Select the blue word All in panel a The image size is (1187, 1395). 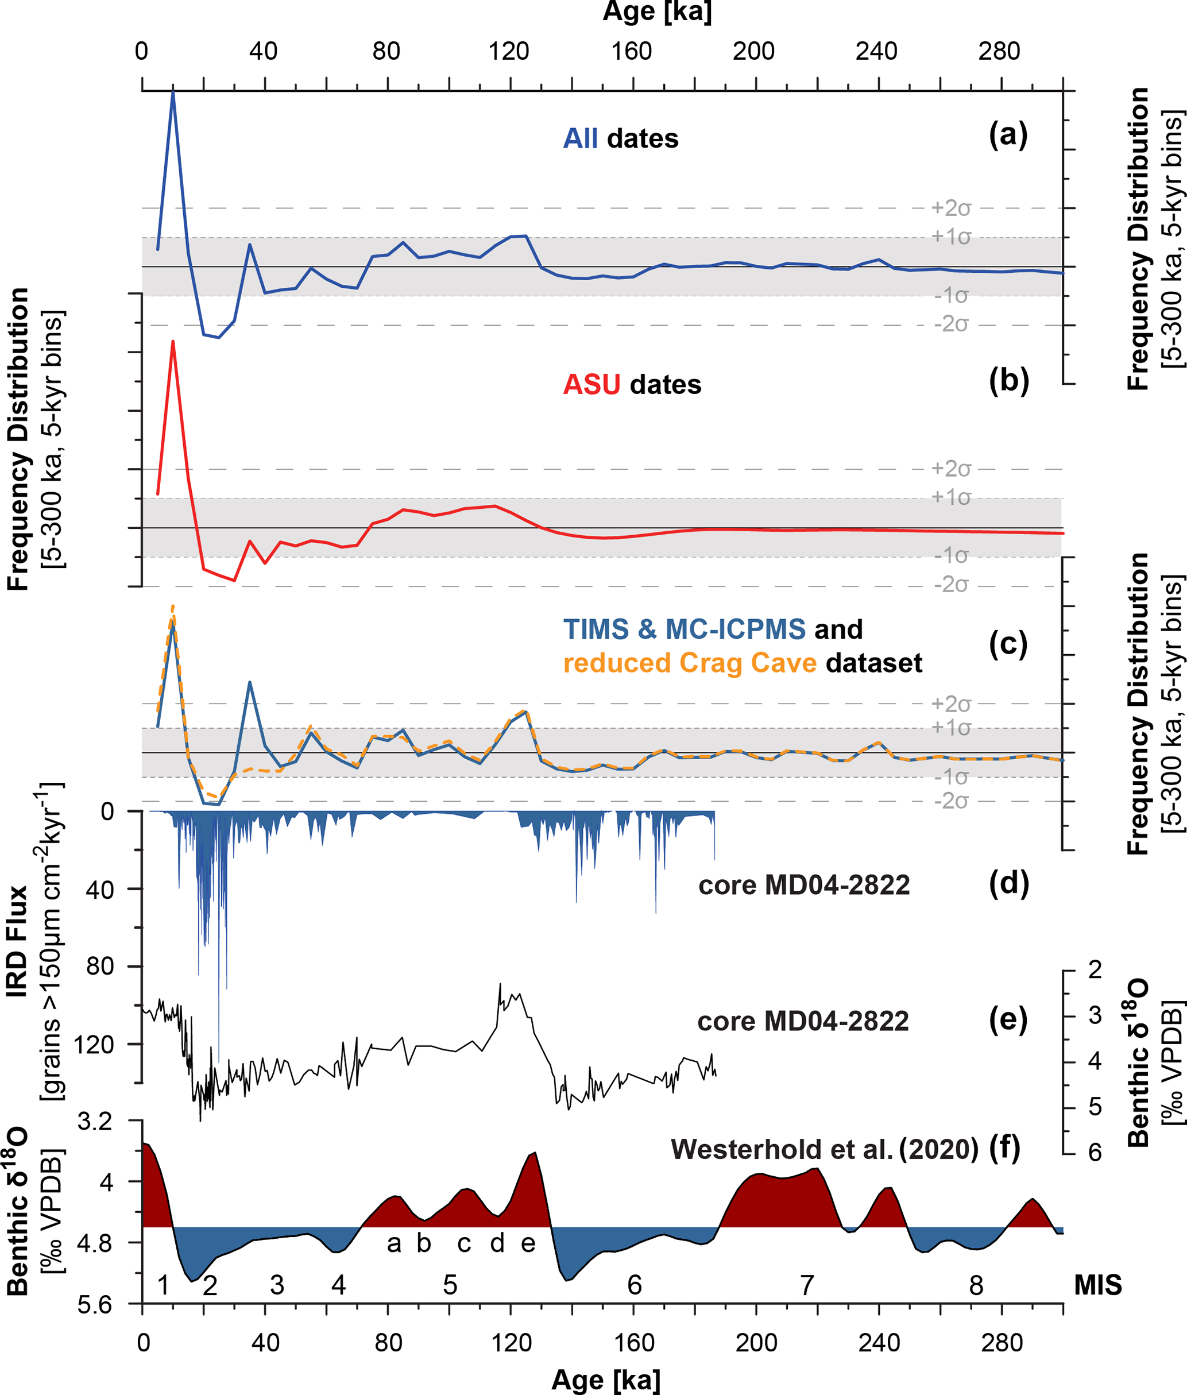579,138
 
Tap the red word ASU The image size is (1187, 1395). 591,384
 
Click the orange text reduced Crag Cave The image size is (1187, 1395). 690,663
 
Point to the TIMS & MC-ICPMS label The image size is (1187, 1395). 684,629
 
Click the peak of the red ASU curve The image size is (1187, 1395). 173,342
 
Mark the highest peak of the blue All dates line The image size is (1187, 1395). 173,92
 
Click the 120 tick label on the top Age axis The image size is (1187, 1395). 509,51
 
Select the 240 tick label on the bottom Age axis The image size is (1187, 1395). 878,1343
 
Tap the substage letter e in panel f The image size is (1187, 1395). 528,1243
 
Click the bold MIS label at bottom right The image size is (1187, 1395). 1097,1285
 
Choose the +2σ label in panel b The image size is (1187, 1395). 951,469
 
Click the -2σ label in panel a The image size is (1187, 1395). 951,324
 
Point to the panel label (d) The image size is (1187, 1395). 1008,883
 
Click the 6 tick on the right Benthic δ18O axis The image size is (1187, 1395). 1095,1153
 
